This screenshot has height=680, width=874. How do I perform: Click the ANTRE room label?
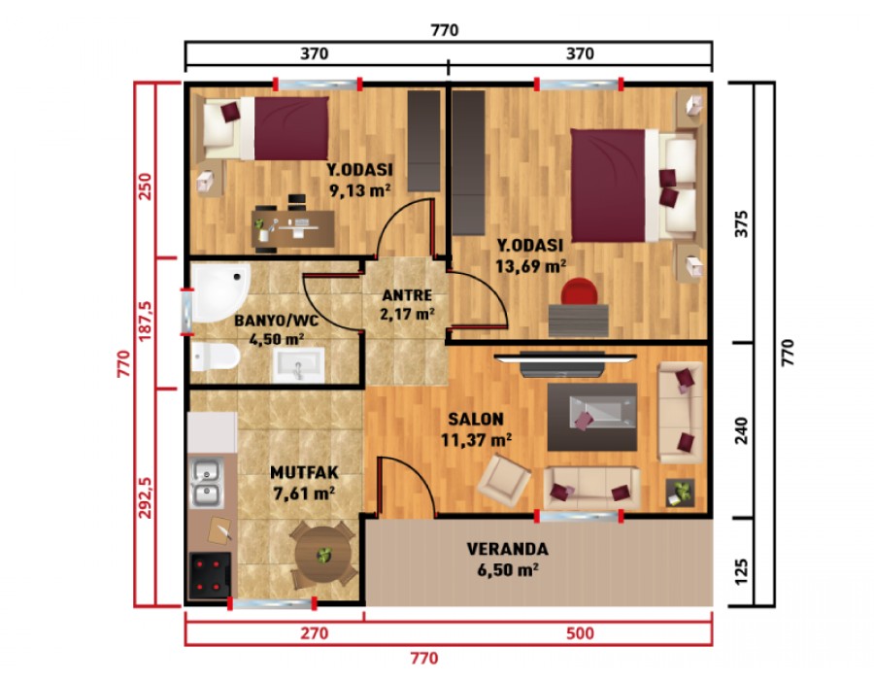[407, 294]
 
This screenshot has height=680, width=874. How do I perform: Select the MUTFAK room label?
[303, 473]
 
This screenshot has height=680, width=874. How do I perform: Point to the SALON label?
[475, 420]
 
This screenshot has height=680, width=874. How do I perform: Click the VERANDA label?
[507, 549]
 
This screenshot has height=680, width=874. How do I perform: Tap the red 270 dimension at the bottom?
[314, 634]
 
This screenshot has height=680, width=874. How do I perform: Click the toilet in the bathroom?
[215, 358]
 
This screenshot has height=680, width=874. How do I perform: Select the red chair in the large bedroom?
[580, 290]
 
